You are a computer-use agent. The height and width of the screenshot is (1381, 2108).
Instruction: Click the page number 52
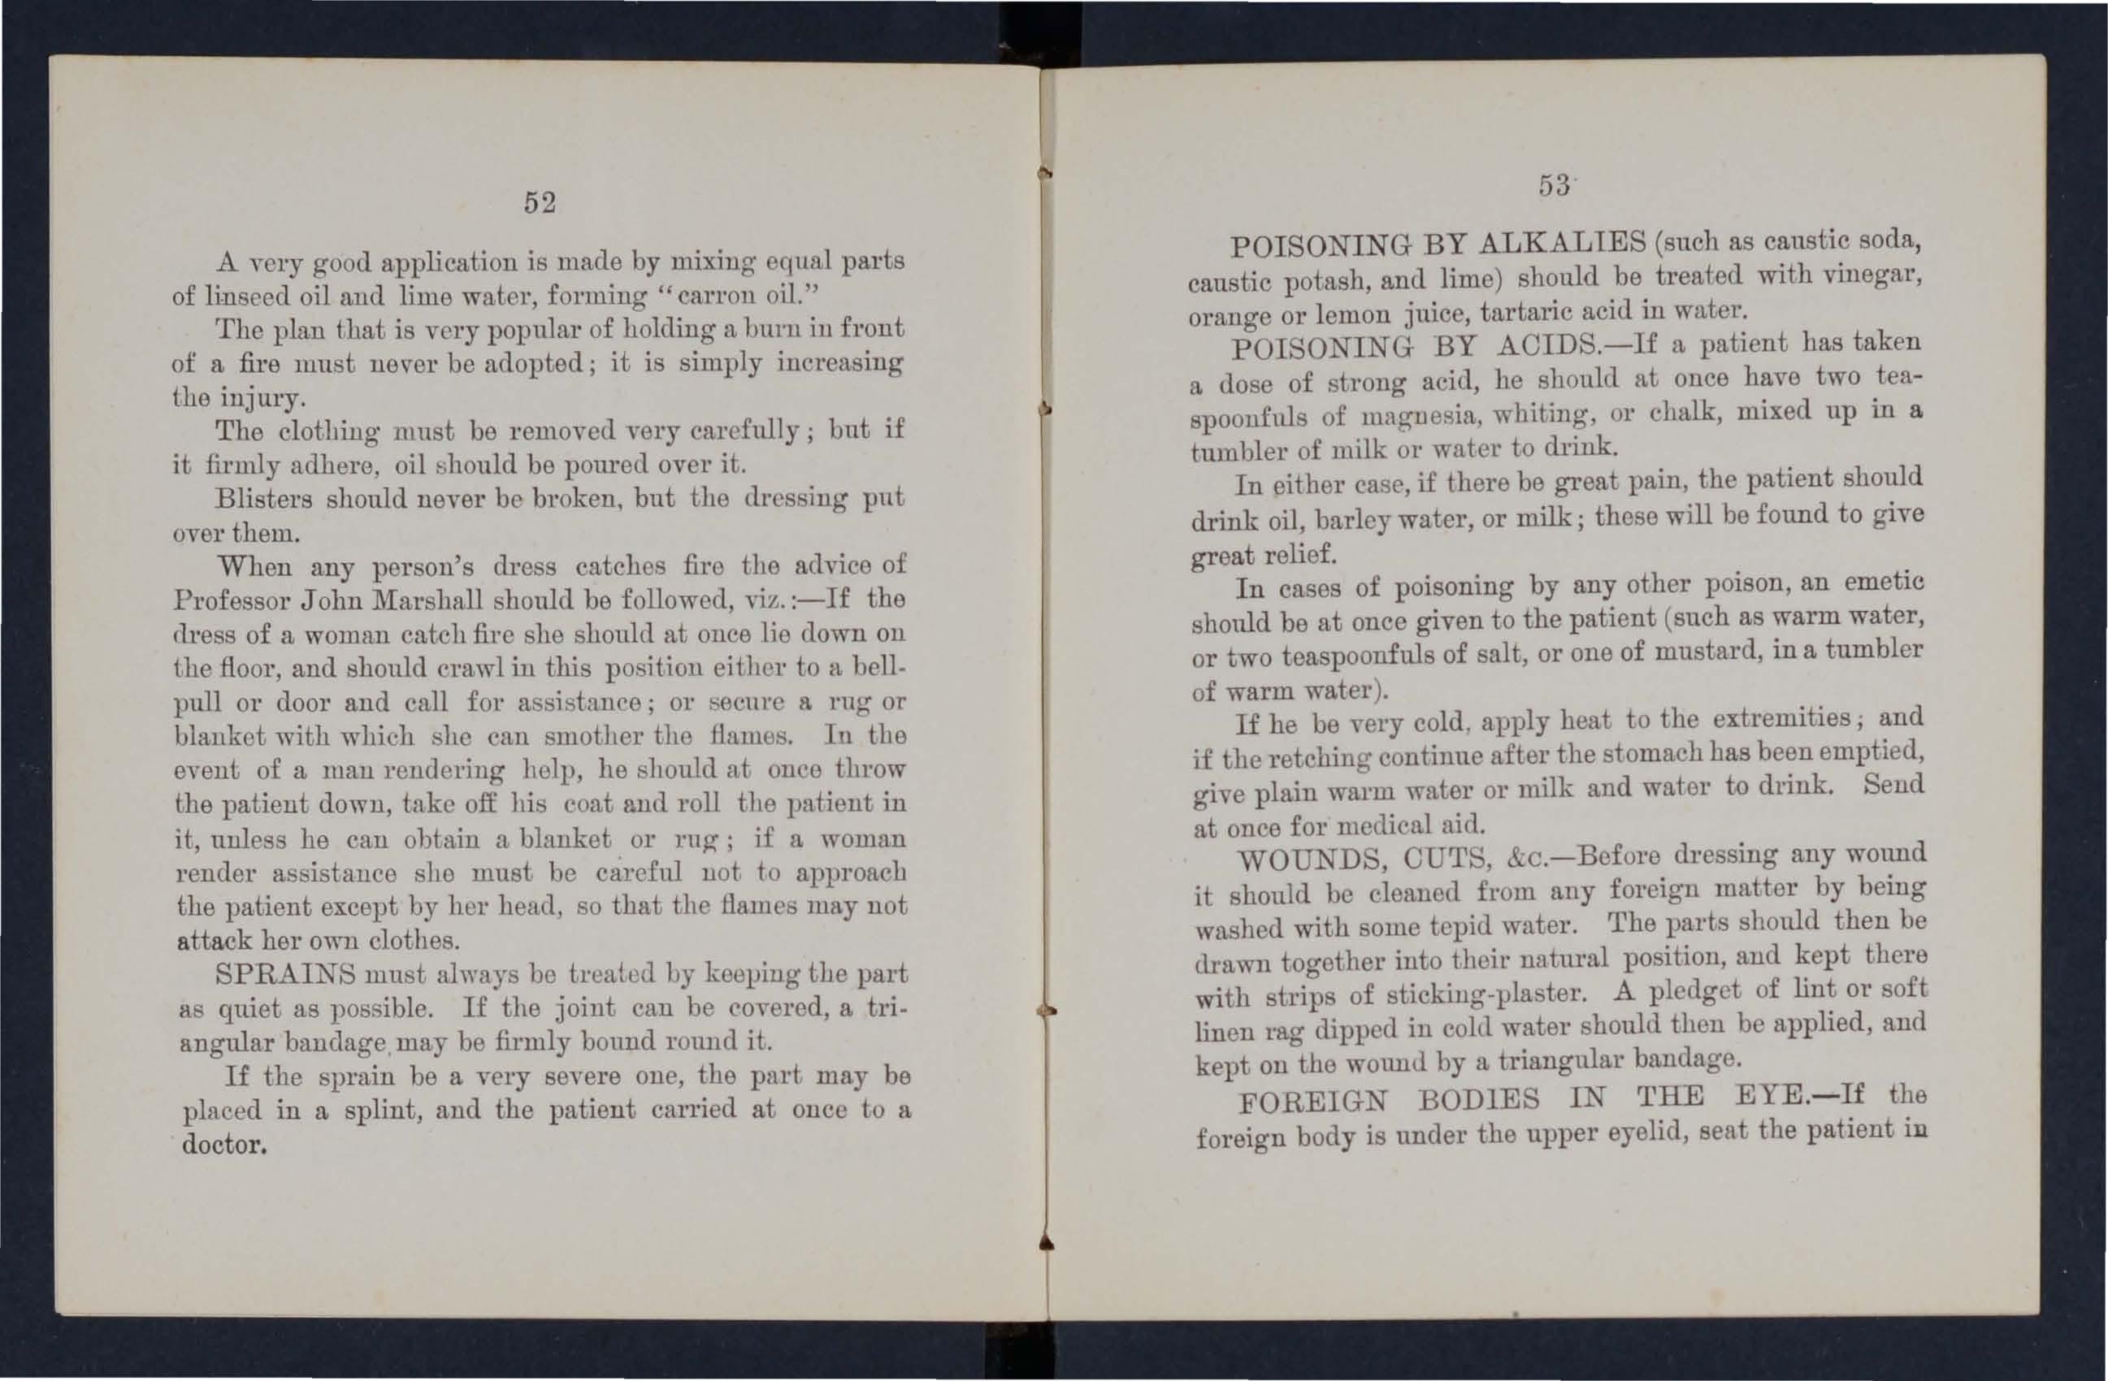click(x=540, y=203)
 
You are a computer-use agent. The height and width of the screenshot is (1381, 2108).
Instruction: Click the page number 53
click(x=1554, y=185)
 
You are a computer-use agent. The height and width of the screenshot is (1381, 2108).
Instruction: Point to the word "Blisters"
click(x=263, y=499)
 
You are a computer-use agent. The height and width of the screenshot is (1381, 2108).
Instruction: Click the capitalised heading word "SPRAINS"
click(x=285, y=974)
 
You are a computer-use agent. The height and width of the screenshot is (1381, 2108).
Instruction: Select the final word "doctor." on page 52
click(x=224, y=1145)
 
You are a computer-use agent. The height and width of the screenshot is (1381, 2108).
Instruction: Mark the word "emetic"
click(x=1883, y=582)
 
